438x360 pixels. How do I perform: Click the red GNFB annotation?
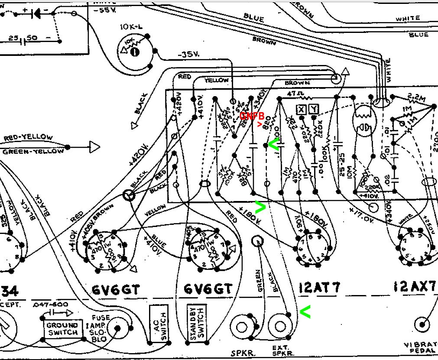coord(252,116)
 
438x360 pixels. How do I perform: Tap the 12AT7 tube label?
coord(320,287)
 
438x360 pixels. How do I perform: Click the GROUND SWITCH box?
coord(62,329)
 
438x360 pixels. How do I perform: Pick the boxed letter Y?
coord(314,110)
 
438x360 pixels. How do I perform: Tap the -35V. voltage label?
coord(188,55)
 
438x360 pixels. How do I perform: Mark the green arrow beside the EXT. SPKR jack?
coord(305,310)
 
